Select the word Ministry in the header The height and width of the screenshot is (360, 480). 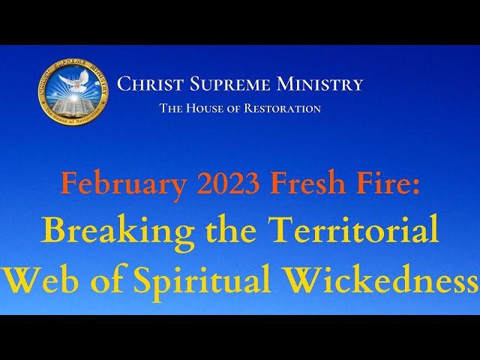pos(319,84)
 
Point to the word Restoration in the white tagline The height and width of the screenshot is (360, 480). pos(283,108)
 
